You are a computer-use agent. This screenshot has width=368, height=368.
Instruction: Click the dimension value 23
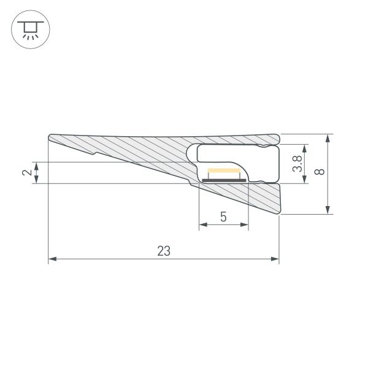tap(163, 250)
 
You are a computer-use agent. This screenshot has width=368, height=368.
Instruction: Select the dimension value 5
tap(223, 217)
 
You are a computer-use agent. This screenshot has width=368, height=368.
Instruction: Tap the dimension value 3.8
tap(297, 164)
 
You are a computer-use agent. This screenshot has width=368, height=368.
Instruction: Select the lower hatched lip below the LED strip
tap(258, 196)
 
